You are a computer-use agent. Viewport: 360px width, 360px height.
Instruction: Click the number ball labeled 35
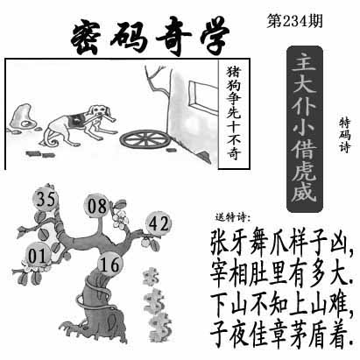[x=46, y=199]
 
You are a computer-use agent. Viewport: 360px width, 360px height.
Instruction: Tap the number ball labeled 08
[x=96, y=206]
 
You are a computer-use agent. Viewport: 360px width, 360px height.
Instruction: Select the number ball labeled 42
[x=159, y=224]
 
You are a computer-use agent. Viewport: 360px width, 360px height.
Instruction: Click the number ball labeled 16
[x=110, y=264]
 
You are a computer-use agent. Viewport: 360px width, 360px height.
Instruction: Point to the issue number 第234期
[x=294, y=22]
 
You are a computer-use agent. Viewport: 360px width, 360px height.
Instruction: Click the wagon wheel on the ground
[x=145, y=139]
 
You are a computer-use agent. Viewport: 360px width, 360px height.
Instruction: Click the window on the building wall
[x=201, y=95]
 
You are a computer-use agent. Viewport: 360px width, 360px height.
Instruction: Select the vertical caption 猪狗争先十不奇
[x=234, y=113]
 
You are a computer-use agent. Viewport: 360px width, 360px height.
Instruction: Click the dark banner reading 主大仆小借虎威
[x=304, y=129]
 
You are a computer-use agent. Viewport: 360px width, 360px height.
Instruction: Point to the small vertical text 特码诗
[x=344, y=135]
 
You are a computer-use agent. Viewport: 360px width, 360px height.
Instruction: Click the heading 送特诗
[x=233, y=217]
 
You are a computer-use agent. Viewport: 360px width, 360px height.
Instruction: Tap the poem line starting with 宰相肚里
[x=281, y=274]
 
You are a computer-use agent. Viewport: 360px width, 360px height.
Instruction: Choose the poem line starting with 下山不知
[x=281, y=303]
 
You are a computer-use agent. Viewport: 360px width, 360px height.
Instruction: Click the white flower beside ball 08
[x=120, y=219]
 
